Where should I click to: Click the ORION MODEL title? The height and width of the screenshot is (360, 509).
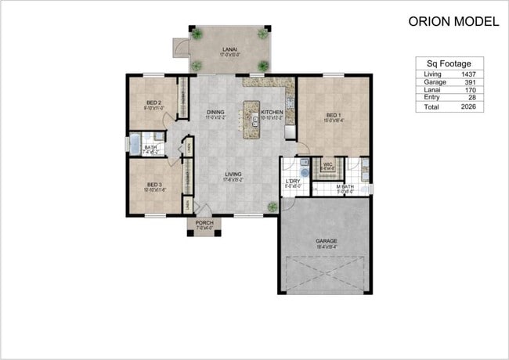[453, 22]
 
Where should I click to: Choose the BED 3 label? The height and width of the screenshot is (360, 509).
[153, 185]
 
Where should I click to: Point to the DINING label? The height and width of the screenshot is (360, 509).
[215, 113]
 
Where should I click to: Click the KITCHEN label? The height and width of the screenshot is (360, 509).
[272, 113]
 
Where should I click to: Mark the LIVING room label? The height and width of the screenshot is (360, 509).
[233, 174]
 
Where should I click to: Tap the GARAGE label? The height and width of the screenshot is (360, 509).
[326, 241]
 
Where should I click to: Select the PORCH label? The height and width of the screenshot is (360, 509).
[204, 223]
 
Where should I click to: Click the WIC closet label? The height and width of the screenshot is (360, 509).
[327, 164]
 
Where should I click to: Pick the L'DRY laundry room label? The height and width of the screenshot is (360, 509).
[293, 182]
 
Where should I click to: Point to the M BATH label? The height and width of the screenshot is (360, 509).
[346, 186]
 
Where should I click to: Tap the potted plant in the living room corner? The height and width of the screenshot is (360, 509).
[272, 207]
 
